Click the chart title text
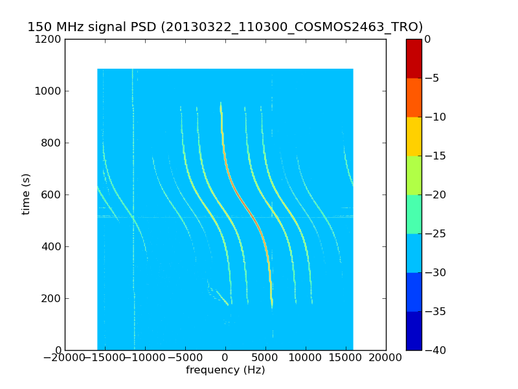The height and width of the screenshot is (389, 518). (225, 27)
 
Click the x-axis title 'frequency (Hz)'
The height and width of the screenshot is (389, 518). (225, 370)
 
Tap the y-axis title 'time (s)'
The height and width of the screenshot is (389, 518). (26, 194)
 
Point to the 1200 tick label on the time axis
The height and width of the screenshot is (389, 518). (49, 39)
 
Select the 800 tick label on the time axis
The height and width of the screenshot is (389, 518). (52, 143)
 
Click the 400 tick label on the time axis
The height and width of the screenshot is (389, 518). (52, 246)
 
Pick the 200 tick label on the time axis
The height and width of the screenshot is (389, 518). (52, 298)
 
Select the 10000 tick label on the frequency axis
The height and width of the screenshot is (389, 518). (306, 357)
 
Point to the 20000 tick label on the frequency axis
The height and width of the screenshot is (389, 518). (386, 357)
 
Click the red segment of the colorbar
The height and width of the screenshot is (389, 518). (414, 58)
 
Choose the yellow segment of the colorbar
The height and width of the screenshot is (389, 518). (414, 136)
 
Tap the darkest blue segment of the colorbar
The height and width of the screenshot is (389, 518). (414, 331)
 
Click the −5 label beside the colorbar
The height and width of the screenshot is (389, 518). (433, 78)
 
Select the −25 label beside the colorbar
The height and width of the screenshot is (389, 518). (435, 233)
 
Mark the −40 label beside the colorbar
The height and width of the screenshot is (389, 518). (435, 350)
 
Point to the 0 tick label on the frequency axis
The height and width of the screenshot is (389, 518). (225, 357)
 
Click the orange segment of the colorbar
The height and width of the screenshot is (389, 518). (414, 97)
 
